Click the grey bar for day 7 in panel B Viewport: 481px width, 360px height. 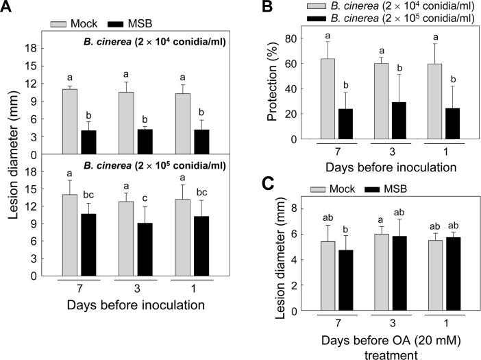point(328,99)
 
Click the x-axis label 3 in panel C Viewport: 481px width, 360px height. point(397,324)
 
